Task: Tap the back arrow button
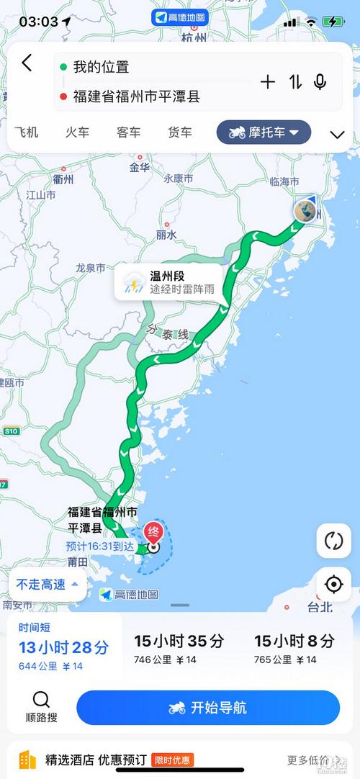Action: tap(27, 63)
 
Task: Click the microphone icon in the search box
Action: tap(320, 82)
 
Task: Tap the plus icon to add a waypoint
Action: tap(268, 82)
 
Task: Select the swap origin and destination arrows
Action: tap(295, 82)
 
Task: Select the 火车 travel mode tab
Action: tap(77, 132)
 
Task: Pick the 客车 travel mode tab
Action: tap(128, 132)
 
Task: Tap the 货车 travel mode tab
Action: tap(180, 132)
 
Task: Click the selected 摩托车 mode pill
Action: tap(264, 132)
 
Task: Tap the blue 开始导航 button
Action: tap(208, 708)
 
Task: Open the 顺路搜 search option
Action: tap(41, 707)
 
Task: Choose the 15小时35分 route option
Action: tap(179, 647)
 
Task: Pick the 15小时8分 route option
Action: tap(294, 647)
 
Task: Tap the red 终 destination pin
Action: tap(153, 533)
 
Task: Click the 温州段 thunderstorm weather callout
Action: tap(169, 282)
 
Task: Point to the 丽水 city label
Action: tap(166, 235)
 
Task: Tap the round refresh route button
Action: tap(333, 540)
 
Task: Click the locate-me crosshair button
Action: tap(333, 584)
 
